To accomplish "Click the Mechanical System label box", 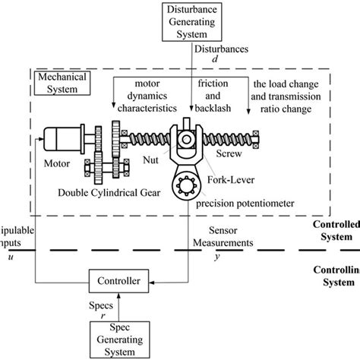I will coord(58,81).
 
